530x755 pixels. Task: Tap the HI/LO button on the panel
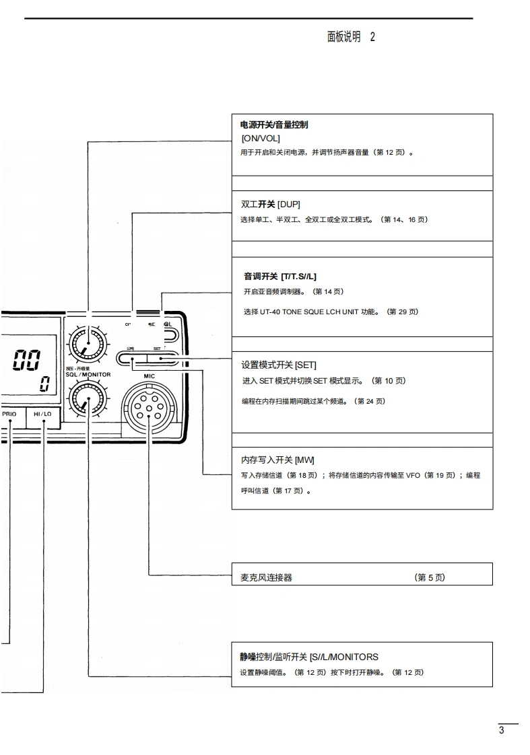point(42,414)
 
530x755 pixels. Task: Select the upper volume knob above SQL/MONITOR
point(87,345)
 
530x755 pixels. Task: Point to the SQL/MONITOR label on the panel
point(88,374)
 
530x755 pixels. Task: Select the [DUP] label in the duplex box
point(289,205)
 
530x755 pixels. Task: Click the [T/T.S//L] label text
point(298,277)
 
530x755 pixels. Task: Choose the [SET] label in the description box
point(306,365)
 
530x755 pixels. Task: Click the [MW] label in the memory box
point(305,460)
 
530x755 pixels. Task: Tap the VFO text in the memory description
point(413,475)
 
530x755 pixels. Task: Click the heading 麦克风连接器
point(266,577)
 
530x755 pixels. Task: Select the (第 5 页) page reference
point(430,577)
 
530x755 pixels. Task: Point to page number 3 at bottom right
point(501,731)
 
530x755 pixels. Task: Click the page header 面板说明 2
point(351,37)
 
